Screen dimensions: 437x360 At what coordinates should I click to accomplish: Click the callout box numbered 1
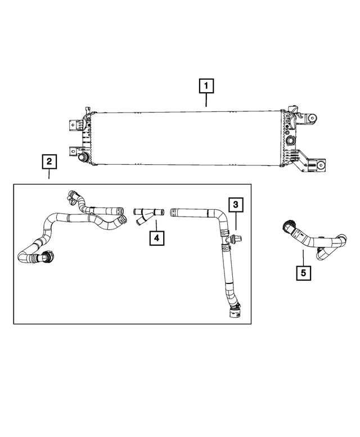point(206,86)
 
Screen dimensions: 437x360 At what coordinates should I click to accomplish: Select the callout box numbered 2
point(49,162)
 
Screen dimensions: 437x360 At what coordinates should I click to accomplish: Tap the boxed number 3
point(235,205)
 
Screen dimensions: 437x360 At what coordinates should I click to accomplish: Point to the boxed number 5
point(303,273)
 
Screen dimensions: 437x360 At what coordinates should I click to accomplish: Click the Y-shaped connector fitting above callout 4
point(148,215)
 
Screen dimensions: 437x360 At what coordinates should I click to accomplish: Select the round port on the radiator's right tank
point(291,139)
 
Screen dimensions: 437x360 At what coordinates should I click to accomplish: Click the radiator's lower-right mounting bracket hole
point(321,165)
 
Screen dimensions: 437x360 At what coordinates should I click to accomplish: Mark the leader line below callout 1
point(206,100)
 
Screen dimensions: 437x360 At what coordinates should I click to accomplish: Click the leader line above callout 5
point(303,258)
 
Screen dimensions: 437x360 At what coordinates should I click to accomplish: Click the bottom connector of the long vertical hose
point(234,313)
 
